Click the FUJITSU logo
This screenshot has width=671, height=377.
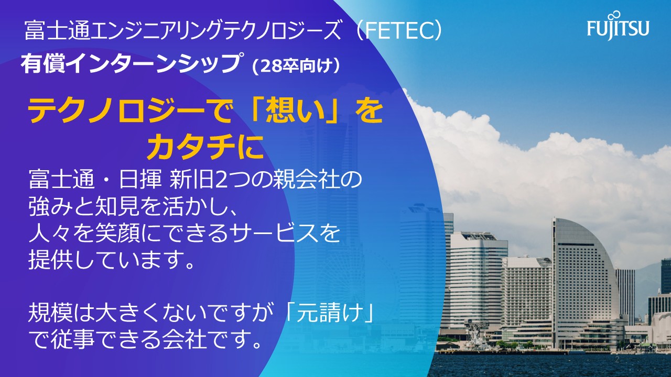point(618,26)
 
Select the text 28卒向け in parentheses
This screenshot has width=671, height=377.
point(297,66)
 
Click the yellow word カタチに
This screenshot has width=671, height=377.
point(205,147)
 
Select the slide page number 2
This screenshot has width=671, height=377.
point(617,359)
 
